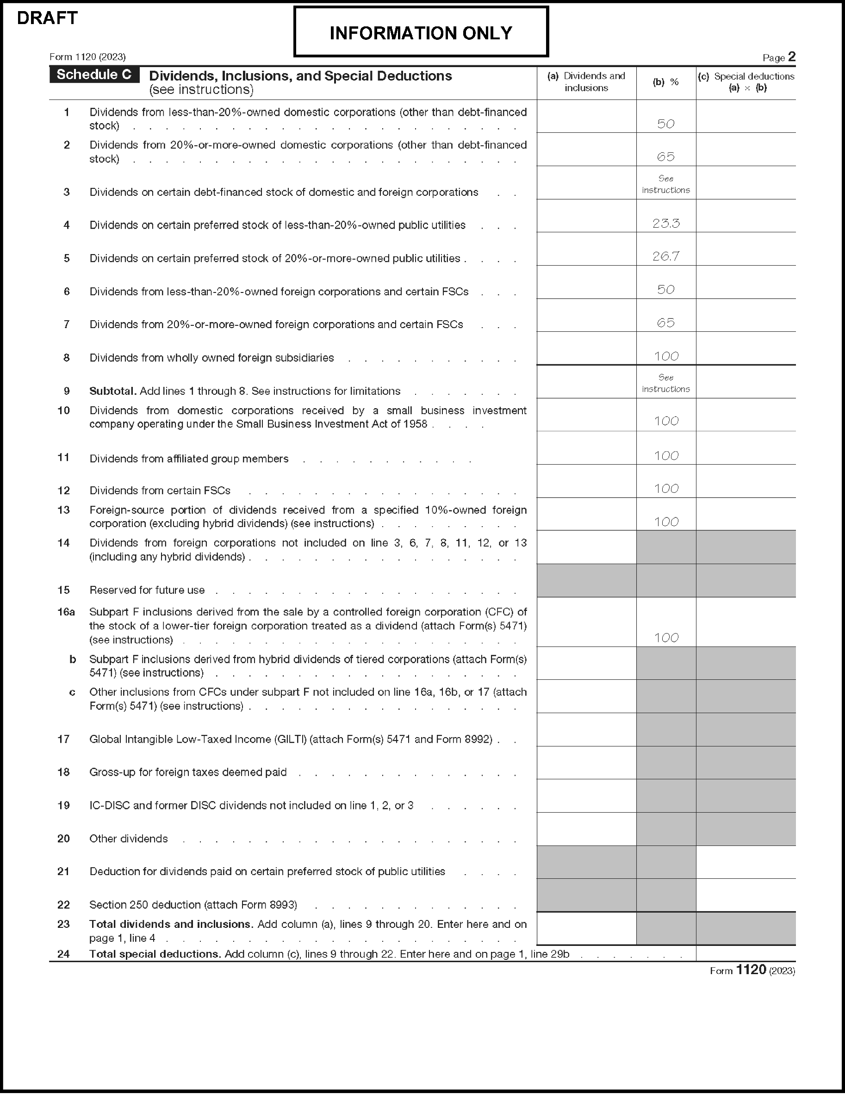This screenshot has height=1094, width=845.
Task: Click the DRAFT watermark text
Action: pos(47,18)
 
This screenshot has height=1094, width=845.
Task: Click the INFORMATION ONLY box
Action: pos(421,33)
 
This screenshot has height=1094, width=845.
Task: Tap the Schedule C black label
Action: pos(94,75)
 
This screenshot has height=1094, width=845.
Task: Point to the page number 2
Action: pos(791,56)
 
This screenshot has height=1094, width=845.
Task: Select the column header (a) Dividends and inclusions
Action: pos(586,81)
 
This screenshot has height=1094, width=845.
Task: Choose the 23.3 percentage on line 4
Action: pos(666,224)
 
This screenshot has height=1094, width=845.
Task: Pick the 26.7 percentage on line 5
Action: pos(666,256)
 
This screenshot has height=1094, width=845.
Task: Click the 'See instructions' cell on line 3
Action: pos(666,184)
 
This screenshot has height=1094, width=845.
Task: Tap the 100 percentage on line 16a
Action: pos(666,638)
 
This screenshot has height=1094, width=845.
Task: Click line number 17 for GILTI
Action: pos(63,739)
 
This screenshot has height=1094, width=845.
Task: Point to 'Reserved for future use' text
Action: pos(147,590)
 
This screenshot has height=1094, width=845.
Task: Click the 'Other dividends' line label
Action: pos(129,839)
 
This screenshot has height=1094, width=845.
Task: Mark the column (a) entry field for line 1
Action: pos(586,116)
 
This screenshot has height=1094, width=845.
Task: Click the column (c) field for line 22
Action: pos(746,895)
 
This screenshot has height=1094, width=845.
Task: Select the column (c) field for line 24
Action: pos(746,954)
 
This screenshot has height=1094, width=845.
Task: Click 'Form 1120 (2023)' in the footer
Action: pos(752,970)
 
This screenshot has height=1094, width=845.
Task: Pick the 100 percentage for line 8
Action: pos(666,356)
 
